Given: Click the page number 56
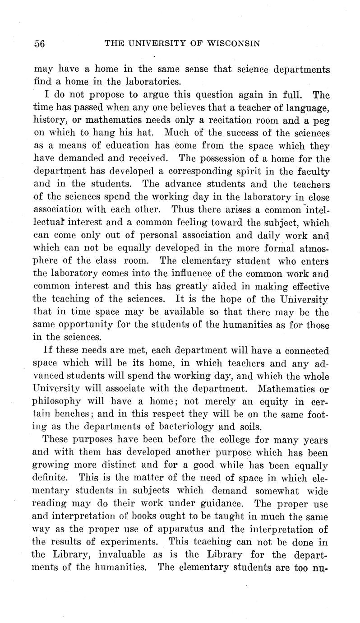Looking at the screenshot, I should click(x=40, y=44).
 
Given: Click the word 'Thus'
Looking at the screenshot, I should click(x=182, y=210).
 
